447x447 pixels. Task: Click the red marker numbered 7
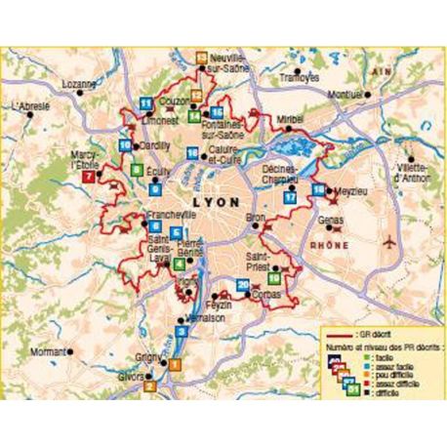89,177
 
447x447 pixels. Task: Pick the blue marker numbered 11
145,102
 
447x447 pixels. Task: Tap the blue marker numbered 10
125,146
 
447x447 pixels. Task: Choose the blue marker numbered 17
291,197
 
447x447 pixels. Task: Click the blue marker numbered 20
242,284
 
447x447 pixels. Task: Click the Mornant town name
47,348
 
